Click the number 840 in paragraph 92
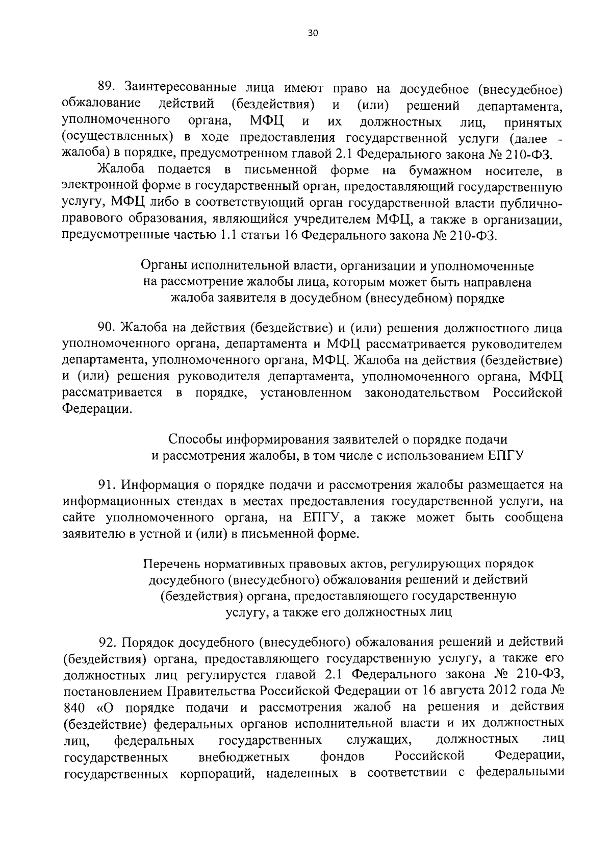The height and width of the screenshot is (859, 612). (75, 707)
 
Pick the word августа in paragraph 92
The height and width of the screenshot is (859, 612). (462, 691)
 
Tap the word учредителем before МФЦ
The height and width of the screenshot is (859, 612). (334, 220)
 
